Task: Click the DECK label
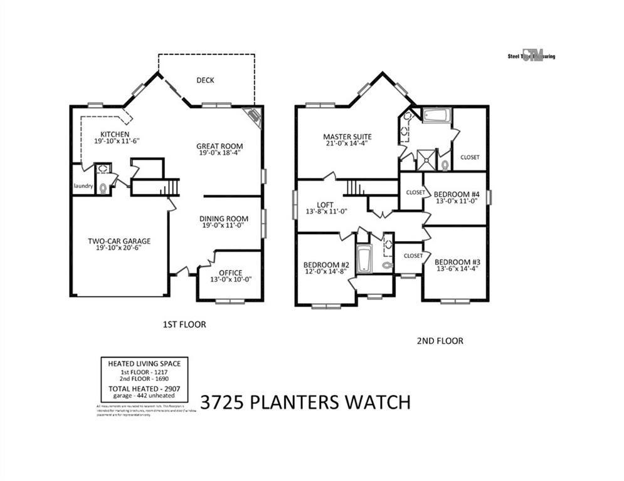click(x=206, y=80)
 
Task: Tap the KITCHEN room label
click(x=115, y=135)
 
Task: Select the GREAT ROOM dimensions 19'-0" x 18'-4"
click(x=221, y=153)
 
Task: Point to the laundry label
click(x=83, y=186)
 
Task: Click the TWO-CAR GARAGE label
click(x=119, y=241)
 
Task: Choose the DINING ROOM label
click(x=224, y=219)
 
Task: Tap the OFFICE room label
click(x=226, y=273)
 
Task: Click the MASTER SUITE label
click(x=347, y=137)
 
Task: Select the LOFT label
click(x=325, y=204)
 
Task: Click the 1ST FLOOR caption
click(x=184, y=324)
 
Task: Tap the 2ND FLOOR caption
click(x=440, y=341)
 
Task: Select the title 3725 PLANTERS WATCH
click(x=305, y=401)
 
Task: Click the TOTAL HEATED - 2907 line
click(x=144, y=389)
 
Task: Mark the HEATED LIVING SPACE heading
click(x=144, y=363)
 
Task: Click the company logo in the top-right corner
click(x=531, y=55)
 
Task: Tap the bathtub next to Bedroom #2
click(x=364, y=259)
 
